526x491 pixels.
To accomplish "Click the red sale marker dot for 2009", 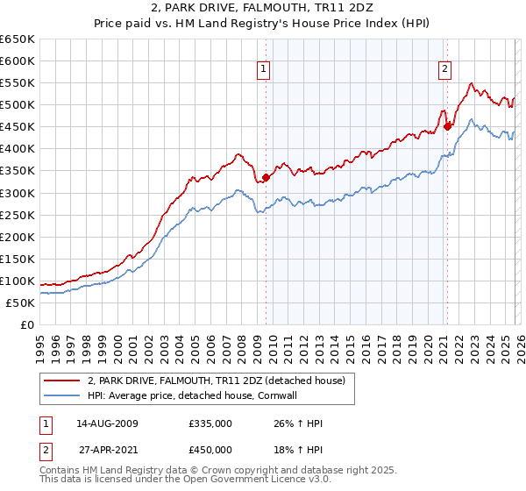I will (266, 177).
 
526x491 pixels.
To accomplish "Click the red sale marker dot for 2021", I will (447, 125).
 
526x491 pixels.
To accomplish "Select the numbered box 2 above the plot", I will (444, 69).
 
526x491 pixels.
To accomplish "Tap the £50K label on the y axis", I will (20, 302).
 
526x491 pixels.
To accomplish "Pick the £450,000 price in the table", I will (210, 450).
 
